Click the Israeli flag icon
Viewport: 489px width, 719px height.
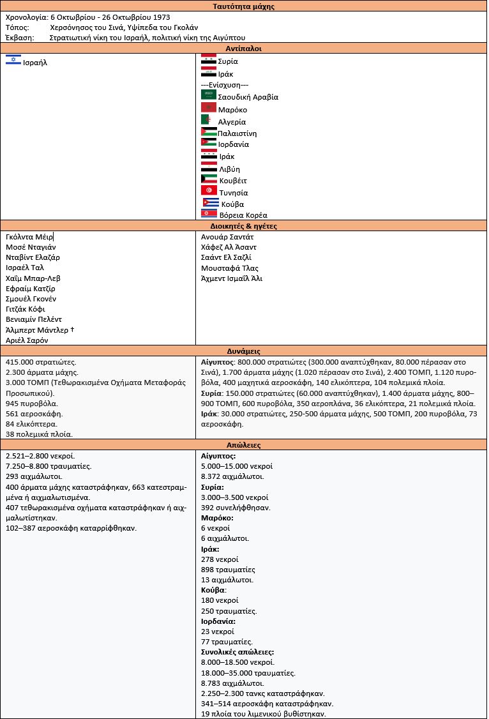pyautogui.click(x=13, y=59)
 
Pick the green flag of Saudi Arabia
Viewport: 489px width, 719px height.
pyautogui.click(x=208, y=95)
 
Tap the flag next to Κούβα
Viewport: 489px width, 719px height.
pyautogui.click(x=210, y=202)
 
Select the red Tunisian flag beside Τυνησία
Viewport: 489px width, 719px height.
pyautogui.click(x=208, y=191)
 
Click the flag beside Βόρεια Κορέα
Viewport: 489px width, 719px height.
pyautogui.click(x=208, y=214)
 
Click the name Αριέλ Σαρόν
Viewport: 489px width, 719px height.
pyautogui.click(x=27, y=340)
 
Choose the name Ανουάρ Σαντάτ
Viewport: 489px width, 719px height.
pyautogui.click(x=227, y=237)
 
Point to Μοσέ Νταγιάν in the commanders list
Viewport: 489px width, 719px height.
pyautogui.click(x=31, y=247)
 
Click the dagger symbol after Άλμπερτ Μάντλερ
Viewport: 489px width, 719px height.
pyautogui.click(x=72, y=329)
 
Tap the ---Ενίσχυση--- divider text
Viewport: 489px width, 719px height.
pyautogui.click(x=224, y=85)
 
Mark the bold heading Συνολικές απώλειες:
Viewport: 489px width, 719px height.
pyautogui.click(x=237, y=652)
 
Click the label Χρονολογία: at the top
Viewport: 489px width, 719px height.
pyautogui.click(x=26, y=17)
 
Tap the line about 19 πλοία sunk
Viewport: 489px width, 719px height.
pyautogui.click(x=263, y=713)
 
